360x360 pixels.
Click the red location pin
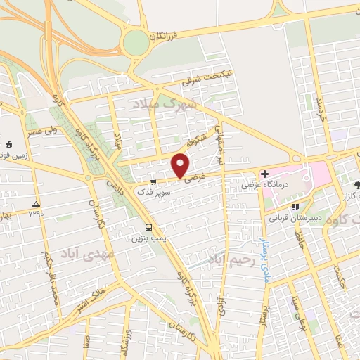(x=181, y=165)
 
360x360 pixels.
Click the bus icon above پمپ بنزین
(x=148, y=227)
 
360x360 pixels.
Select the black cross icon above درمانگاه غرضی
(x=264, y=174)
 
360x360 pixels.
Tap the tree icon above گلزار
(x=356, y=185)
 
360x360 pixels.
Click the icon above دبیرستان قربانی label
(x=295, y=207)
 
